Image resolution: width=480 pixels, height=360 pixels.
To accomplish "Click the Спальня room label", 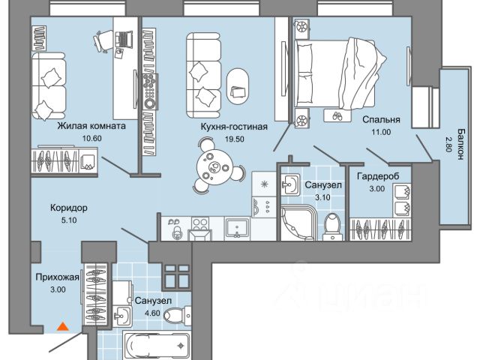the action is pyautogui.click(x=381, y=119).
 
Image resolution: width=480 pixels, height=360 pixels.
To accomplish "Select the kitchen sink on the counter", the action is pyautogui.click(x=238, y=226).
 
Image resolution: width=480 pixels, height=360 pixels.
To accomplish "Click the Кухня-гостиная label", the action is pyautogui.click(x=234, y=127).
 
